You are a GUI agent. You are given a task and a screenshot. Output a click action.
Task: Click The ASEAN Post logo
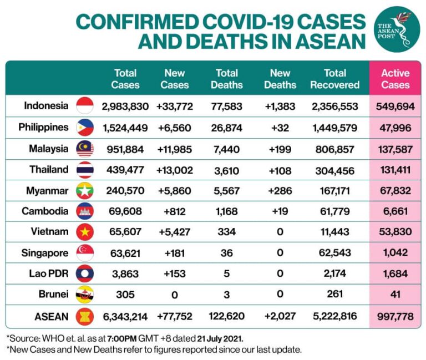point(397,29)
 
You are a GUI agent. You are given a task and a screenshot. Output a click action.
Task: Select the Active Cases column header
point(395,79)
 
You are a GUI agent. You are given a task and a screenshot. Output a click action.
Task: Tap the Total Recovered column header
point(334,79)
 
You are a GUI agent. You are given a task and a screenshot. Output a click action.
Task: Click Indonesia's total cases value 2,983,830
point(125,106)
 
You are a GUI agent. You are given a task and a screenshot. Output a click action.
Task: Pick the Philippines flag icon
point(85,127)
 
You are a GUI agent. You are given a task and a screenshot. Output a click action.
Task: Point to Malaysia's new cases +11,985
point(175,148)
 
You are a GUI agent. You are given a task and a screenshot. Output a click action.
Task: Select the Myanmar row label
point(47,190)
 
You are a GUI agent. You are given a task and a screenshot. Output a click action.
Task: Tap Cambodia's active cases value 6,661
point(395,211)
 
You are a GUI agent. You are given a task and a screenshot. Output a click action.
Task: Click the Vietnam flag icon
point(85,232)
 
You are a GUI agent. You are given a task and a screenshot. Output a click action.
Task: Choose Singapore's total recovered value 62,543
point(334,253)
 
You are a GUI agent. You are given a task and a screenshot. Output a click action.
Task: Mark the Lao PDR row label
point(49,273)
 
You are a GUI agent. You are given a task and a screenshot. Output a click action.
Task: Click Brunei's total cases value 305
point(125,295)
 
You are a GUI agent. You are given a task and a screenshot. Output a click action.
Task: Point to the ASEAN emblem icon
point(85,317)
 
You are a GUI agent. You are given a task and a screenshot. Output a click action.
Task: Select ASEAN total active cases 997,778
point(395,317)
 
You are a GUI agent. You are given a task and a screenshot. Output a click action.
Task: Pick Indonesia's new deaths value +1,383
point(280,106)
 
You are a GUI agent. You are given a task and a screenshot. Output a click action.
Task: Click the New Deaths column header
point(280,79)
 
